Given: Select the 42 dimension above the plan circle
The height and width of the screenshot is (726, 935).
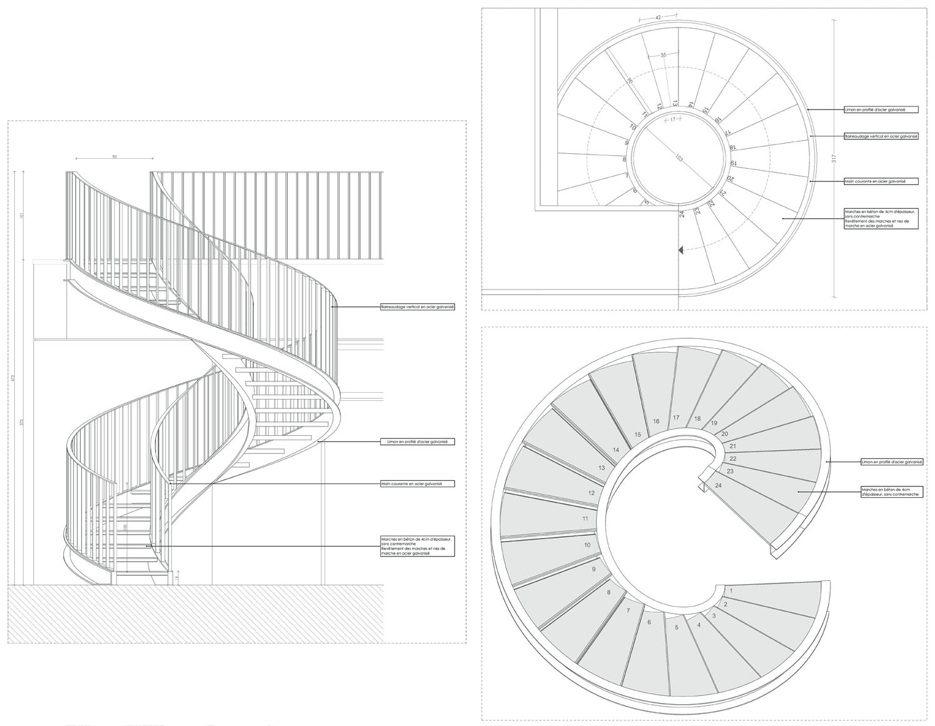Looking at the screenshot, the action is click(x=658, y=18).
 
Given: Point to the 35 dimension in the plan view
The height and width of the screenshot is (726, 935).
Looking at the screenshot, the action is click(x=663, y=55).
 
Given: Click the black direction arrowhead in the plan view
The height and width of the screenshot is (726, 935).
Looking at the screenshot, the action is click(x=680, y=250).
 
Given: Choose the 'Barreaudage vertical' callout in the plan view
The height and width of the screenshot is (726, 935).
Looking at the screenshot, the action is click(x=881, y=136).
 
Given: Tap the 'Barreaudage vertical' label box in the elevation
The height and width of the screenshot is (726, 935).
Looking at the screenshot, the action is click(x=418, y=307).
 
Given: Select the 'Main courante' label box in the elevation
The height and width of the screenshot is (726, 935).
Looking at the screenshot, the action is click(x=418, y=483).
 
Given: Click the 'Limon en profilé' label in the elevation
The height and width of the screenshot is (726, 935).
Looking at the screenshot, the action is click(x=418, y=441).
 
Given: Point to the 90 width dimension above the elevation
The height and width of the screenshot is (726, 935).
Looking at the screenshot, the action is click(x=114, y=156).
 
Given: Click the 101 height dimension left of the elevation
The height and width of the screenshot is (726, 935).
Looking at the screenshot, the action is click(x=22, y=216).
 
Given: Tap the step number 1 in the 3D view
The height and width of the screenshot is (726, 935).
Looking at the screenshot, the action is click(x=731, y=590).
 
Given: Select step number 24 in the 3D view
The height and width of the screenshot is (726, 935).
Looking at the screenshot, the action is click(x=718, y=485).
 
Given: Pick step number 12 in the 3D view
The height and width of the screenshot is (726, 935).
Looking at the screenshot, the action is click(x=592, y=493).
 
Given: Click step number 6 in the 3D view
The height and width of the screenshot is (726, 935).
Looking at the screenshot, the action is click(x=649, y=622).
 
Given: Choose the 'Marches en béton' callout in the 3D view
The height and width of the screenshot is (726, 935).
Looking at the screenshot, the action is click(x=890, y=492).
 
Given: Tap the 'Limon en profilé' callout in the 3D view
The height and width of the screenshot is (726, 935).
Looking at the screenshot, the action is click(x=892, y=462).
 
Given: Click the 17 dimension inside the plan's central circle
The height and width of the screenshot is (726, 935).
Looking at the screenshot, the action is click(x=672, y=119).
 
